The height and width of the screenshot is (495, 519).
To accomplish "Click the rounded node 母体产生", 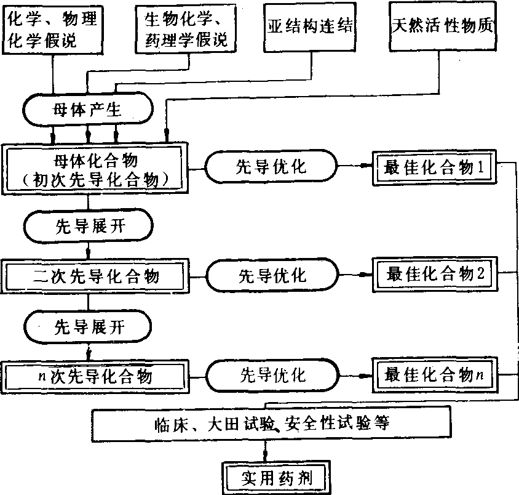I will pos(88,111).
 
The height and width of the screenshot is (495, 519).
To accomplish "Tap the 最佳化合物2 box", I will pos(435,274).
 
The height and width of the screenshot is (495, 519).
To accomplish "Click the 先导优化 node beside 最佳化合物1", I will pos(271,167).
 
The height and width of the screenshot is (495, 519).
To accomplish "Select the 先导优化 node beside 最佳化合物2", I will pos(271,275).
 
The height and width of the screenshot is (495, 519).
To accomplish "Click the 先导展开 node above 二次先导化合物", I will pos(88,225).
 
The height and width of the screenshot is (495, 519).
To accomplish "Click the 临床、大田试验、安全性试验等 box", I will pos(271,424).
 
